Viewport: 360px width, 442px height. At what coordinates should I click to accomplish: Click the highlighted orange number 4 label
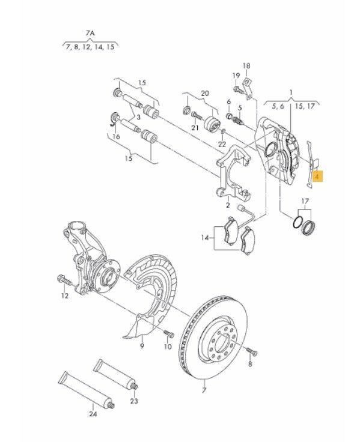click(318, 177)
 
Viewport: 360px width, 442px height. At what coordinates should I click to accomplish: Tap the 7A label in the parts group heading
click(90, 34)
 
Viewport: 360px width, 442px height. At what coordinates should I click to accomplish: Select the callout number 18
click(246, 66)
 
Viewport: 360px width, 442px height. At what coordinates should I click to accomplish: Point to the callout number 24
click(93, 414)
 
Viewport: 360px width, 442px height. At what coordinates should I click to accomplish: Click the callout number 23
click(134, 401)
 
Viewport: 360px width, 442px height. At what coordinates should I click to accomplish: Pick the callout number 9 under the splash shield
click(142, 345)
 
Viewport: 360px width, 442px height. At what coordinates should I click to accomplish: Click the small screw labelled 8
click(252, 351)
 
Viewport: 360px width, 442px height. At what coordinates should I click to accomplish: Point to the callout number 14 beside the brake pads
click(205, 238)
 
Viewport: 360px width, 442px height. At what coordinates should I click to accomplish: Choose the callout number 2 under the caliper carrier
click(228, 205)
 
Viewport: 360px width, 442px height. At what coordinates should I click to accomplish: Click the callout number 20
click(205, 93)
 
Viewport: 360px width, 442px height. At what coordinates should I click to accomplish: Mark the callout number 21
click(195, 128)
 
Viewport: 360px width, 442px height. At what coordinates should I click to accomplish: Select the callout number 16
click(116, 137)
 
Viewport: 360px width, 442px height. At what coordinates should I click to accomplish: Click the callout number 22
click(222, 144)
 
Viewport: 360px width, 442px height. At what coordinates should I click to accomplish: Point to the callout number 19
click(236, 76)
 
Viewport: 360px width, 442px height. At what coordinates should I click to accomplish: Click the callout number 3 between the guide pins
click(138, 117)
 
